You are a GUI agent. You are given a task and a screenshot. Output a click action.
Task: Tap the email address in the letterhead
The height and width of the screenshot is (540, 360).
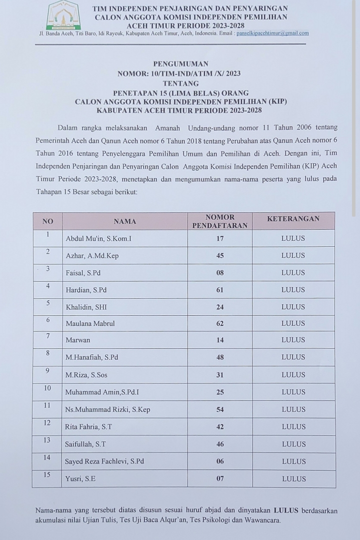pos(272,34)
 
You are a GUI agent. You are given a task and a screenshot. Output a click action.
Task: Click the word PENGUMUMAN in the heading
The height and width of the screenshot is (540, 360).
pos(180,64)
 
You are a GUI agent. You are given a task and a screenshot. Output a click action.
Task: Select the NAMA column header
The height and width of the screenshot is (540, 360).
pos(124,221)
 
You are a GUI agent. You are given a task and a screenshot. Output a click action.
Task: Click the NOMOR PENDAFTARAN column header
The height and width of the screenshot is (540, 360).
pos(220,221)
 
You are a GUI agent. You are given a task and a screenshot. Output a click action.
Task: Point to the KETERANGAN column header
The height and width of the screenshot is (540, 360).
pos(293,219)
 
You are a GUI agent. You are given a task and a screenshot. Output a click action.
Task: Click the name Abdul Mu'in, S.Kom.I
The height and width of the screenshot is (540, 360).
pos(98,239)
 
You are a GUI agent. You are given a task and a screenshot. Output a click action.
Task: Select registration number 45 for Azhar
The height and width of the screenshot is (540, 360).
pos(220,256)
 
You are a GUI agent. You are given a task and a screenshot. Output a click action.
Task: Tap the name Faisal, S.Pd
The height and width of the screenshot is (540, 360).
pos(83,273)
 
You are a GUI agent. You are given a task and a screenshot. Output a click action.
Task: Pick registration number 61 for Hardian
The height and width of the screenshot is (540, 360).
pos(220,290)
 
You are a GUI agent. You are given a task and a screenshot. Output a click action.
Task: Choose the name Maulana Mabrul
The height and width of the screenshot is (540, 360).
pos(90,324)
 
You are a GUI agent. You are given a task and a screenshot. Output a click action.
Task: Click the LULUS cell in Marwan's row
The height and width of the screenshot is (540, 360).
pos(293,340)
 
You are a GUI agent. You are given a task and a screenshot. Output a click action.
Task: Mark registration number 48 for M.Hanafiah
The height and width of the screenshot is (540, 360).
pos(220,357)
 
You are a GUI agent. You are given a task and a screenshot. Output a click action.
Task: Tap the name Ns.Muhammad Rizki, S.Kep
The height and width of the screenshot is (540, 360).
pos(108,410)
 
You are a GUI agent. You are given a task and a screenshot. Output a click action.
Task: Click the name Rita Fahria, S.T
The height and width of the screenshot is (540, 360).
pos(89,427)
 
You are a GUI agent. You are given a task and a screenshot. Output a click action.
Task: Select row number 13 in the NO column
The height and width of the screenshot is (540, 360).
pos(47,440)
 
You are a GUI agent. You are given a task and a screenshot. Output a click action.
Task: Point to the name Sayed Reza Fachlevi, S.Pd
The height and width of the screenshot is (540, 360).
pos(104,461)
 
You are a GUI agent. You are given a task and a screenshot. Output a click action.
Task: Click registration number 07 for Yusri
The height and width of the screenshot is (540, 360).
pos(220,479)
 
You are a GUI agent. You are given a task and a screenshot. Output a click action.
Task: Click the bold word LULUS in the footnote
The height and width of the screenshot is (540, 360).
pos(286,511)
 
